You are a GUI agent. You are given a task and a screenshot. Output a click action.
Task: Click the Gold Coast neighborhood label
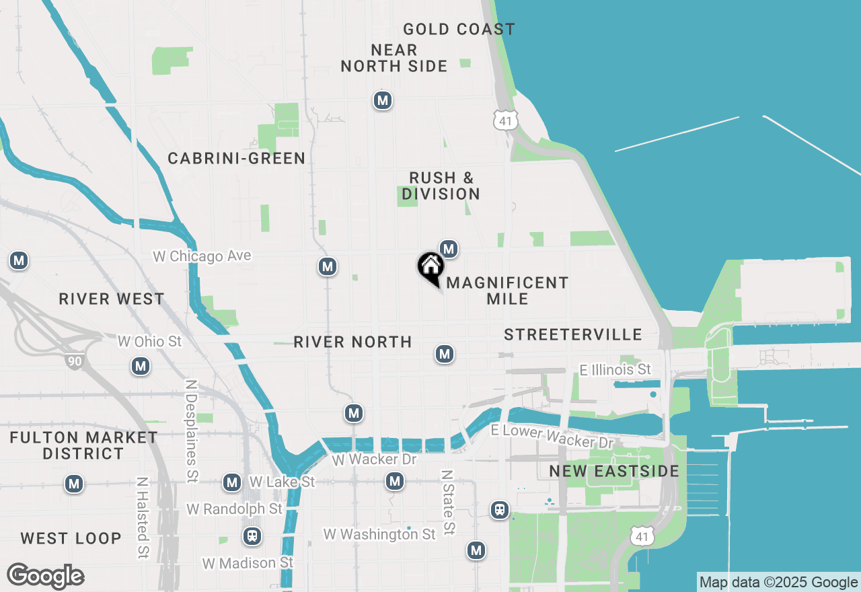pyautogui.click(x=459, y=29)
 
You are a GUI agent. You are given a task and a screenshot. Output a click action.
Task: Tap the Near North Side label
pyautogui.click(x=394, y=58)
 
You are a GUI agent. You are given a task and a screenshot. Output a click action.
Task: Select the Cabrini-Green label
pyautogui.click(x=237, y=158)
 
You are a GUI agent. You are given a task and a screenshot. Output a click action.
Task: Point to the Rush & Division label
pyautogui.click(x=441, y=186)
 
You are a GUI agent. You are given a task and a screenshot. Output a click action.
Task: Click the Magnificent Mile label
pyautogui.click(x=508, y=291)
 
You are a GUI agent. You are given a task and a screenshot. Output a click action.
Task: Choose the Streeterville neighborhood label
pyautogui.click(x=573, y=334)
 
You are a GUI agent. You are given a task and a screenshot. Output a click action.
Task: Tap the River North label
pyautogui.click(x=353, y=342)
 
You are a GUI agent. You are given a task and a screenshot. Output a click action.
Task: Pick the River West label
pyautogui.click(x=112, y=299)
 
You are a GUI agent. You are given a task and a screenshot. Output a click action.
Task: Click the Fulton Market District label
pyautogui.click(x=83, y=445)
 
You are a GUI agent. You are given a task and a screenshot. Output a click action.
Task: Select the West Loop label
pyautogui.click(x=71, y=538)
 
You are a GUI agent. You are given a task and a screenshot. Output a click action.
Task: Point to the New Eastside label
pyautogui.click(x=614, y=471)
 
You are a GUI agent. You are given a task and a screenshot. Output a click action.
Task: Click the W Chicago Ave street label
pyautogui.click(x=202, y=256)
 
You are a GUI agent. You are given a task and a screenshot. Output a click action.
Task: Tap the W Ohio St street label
pyautogui.click(x=150, y=342)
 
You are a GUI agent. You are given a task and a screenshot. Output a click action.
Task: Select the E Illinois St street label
pyautogui.click(x=615, y=369)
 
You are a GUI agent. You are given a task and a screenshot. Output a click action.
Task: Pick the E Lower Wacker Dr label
pyautogui.click(x=552, y=436)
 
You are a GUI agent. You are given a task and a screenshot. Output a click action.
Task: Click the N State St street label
pyautogui.click(x=447, y=503)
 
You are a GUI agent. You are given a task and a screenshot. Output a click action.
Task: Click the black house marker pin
pyautogui.click(x=430, y=266)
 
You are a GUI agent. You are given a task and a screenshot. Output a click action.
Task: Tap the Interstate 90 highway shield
pyautogui.click(x=75, y=361)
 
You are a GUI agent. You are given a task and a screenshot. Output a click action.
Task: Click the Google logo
pyautogui.click(x=46, y=576)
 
